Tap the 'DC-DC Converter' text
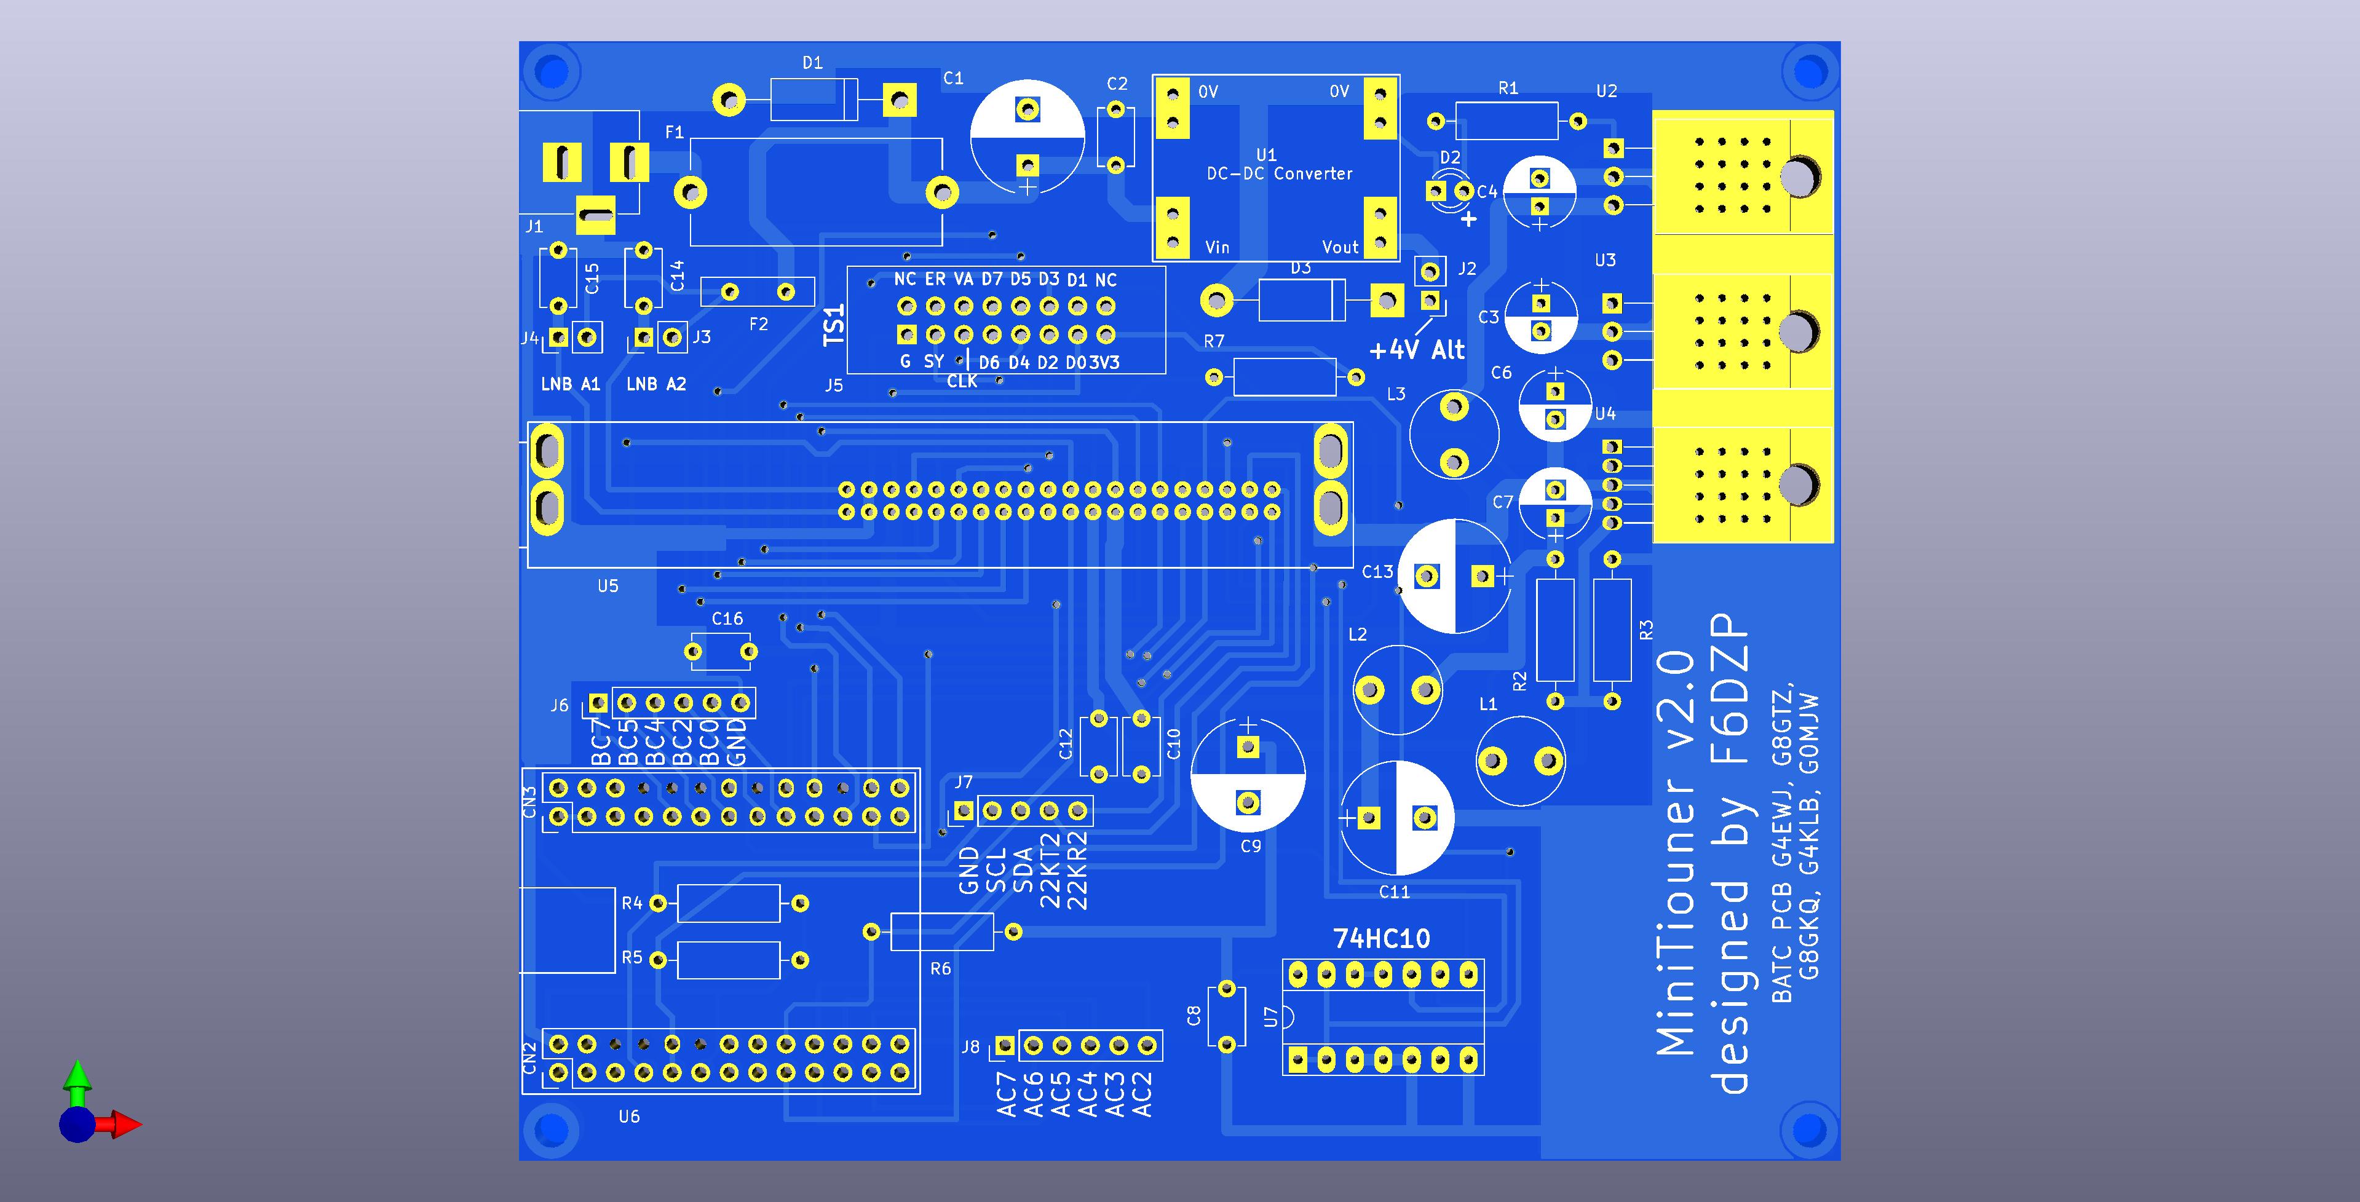(1279, 173)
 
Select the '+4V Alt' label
(1416, 350)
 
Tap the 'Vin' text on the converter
(1217, 247)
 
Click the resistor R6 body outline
(942, 931)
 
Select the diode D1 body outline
(814, 99)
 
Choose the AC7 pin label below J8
(1007, 1096)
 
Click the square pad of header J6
(598, 703)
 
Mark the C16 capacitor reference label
(727, 619)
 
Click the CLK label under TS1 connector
(961, 381)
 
